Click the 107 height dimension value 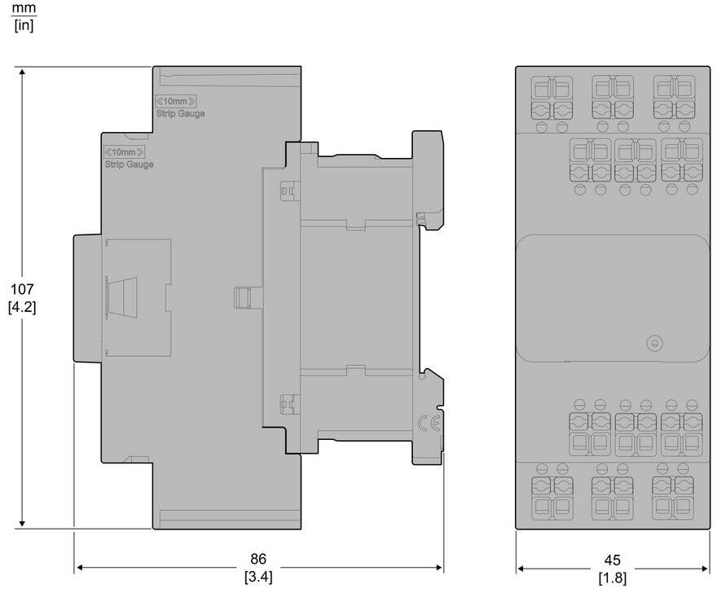click(23, 289)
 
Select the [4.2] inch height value click(22, 307)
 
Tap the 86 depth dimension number click(258, 559)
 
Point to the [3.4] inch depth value click(258, 577)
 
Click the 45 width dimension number click(612, 560)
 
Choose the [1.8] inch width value click(612, 578)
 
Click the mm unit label click(24, 8)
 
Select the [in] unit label click(24, 25)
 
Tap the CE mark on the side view click(429, 424)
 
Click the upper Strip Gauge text click(181, 113)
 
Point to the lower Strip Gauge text click(130, 165)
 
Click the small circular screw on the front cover click(655, 344)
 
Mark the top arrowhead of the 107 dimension click(22, 72)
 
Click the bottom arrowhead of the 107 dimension click(22, 524)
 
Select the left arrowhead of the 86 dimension click(79, 568)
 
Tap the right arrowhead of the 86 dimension click(439, 568)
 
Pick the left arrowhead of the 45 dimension click(521, 569)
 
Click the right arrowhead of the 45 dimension click(705, 569)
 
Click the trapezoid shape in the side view click(121, 296)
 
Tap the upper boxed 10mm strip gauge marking click(176, 101)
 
